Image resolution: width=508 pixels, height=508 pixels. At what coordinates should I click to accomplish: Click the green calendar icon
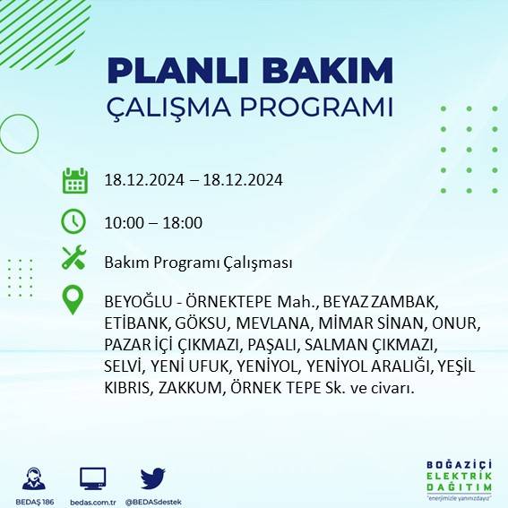pyautogui.click(x=74, y=180)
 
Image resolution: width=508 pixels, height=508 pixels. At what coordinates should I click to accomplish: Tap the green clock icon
pyautogui.click(x=73, y=220)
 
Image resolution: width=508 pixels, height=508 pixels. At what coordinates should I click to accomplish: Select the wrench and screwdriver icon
pyautogui.click(x=73, y=260)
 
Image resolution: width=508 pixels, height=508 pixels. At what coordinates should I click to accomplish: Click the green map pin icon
pyautogui.click(x=73, y=300)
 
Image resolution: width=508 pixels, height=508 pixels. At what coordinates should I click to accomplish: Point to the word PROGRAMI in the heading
pyautogui.click(x=317, y=108)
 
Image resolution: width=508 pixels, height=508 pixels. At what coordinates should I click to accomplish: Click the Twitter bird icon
pyautogui.click(x=153, y=478)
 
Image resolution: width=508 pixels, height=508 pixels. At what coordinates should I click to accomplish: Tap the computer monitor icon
pyautogui.click(x=93, y=478)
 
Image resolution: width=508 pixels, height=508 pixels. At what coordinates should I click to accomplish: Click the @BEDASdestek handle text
pyautogui.click(x=153, y=501)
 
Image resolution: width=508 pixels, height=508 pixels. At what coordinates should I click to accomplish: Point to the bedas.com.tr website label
pyautogui.click(x=93, y=501)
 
